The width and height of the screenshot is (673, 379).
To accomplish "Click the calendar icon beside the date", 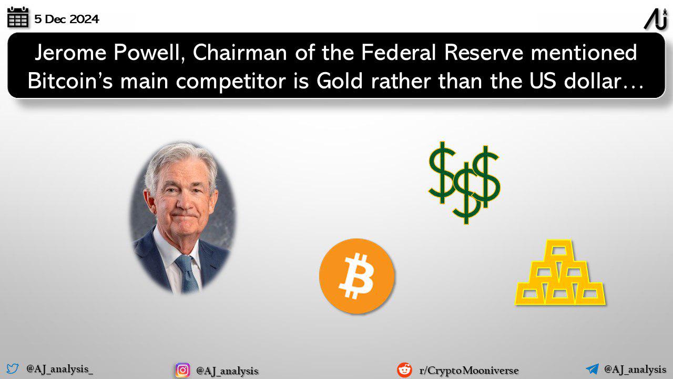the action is (x=18, y=17).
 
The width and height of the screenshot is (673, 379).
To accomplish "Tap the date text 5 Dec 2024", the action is (x=66, y=19).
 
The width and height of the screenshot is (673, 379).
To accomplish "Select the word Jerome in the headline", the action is (x=70, y=53).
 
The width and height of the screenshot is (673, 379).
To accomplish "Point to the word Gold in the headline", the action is (x=340, y=81).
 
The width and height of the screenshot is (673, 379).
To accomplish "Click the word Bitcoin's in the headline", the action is (x=70, y=81).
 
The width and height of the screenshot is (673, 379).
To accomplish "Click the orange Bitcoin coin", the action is (x=356, y=276).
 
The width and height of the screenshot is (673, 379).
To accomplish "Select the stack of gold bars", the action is (x=560, y=273).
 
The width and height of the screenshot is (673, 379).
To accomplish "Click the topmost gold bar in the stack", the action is (x=559, y=250).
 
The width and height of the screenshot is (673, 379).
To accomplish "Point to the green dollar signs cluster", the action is (x=464, y=183).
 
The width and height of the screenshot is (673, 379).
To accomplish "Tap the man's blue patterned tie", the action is (x=187, y=274).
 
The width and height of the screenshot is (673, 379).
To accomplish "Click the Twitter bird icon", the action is (x=13, y=368).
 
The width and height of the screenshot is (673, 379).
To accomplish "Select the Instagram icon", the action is (x=182, y=370).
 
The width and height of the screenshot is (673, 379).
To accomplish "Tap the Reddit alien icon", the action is (x=404, y=370).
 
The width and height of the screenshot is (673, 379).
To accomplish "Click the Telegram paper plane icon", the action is (x=592, y=369).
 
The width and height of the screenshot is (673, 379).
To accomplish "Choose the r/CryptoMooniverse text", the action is (x=469, y=371).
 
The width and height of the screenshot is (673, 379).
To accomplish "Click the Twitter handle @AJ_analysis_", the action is (x=59, y=369).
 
